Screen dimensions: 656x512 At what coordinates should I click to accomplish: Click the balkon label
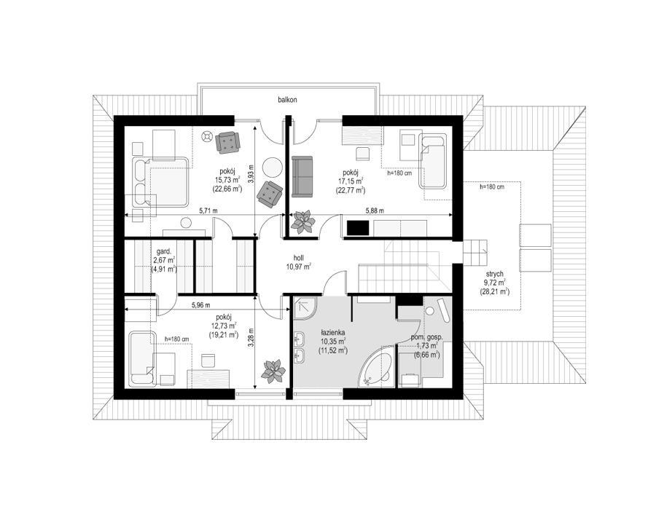tap(289, 101)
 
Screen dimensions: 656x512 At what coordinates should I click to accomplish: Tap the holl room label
tap(298, 259)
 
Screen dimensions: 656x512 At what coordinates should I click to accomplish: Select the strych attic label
tap(494, 274)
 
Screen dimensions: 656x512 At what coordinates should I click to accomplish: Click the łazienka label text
tap(332, 332)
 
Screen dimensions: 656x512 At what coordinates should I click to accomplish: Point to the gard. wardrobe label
tap(163, 251)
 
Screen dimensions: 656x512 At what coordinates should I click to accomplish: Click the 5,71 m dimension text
tap(208, 211)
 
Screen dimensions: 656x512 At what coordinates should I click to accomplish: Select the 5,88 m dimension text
tap(374, 211)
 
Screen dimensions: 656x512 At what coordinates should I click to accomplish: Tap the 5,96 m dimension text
tap(201, 305)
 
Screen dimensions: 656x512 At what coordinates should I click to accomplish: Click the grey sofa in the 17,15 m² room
tap(302, 176)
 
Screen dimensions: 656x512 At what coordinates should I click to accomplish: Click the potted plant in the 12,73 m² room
tap(273, 371)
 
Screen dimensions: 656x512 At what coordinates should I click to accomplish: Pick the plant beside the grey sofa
tap(304, 221)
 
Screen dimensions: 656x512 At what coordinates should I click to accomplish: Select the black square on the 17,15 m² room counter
tap(358, 228)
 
